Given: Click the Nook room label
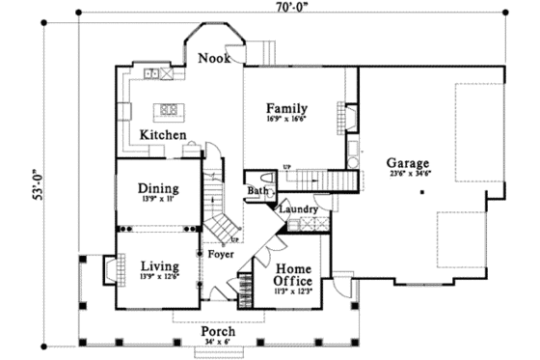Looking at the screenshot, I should point(213,59).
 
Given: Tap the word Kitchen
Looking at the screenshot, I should point(163,135).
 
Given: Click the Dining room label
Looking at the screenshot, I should point(157,188).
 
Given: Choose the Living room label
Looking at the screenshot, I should point(157,266).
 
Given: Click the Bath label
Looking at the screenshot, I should point(257,191).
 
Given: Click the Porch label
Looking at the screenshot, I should point(219,331).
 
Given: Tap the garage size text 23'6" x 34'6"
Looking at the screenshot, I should point(409,175).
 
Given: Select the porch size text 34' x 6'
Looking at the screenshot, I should point(219,343).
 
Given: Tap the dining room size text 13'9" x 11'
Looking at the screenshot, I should point(157,200).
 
